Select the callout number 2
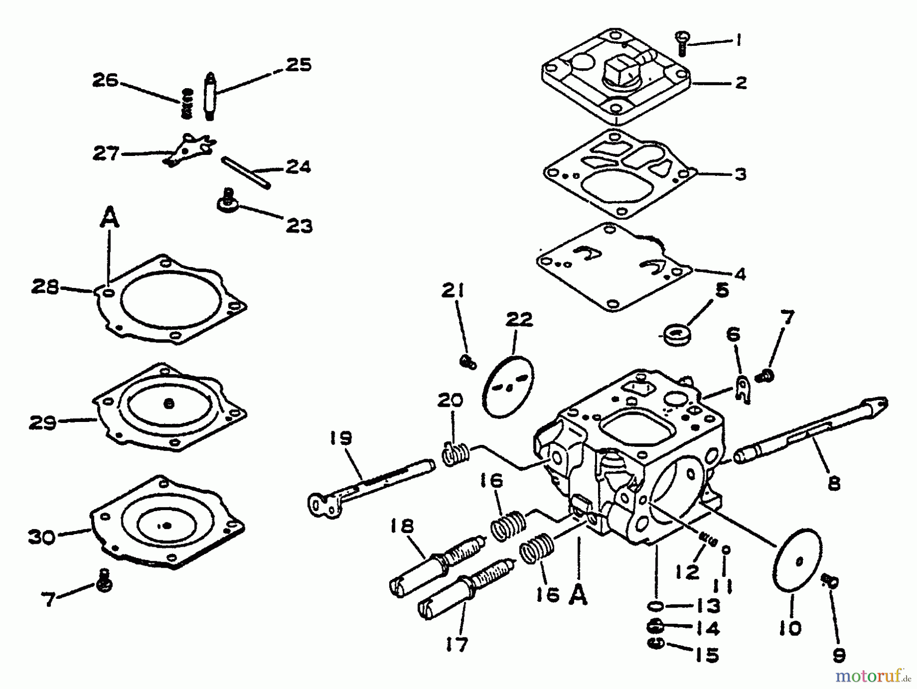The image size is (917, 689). (x=741, y=83)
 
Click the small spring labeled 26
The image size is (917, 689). (x=187, y=103)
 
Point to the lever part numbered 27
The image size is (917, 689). (x=190, y=149)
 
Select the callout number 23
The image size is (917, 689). (x=299, y=225)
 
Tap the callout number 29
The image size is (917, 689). (x=43, y=422)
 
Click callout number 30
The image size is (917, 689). (x=42, y=536)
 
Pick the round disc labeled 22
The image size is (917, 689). (x=507, y=386)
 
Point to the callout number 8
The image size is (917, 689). (x=833, y=483)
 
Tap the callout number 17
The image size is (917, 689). (x=456, y=645)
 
